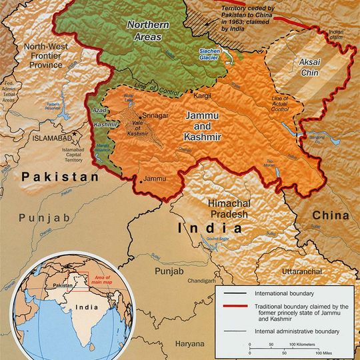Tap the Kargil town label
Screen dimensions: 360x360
pyautogui.click(x=202, y=96)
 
